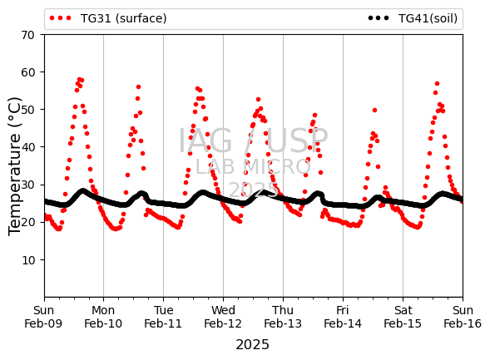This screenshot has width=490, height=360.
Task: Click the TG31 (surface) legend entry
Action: tap(108, 18)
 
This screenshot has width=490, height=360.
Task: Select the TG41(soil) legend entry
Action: tap(413, 18)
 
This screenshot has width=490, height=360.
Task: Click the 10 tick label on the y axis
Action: tap(27, 260)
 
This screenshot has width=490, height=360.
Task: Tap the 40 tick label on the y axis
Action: tap(27, 147)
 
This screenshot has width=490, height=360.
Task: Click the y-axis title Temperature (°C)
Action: tap(15, 166)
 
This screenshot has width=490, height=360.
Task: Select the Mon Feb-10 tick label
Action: tap(103, 317)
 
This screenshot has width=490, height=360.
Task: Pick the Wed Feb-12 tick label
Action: tap(223, 317)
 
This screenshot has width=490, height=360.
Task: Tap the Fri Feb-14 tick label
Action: tap(343, 317)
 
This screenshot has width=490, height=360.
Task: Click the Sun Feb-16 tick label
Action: tap(463, 317)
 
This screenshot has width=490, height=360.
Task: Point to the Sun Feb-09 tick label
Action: tap(43, 317)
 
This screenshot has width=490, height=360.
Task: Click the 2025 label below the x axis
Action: tap(253, 345)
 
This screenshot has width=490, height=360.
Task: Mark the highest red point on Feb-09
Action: tap(79, 80)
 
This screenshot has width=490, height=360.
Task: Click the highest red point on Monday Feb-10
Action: tap(138, 86)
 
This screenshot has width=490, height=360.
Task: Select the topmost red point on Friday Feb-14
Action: tap(374, 110)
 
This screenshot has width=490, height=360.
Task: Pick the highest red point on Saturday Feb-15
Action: tap(437, 84)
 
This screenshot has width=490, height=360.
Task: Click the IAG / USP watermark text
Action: tap(253, 141)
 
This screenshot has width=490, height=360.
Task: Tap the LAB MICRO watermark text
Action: tap(253, 167)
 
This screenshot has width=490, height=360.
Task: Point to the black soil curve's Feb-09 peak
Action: tap(83, 191)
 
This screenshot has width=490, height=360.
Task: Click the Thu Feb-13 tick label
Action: tap(283, 317)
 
